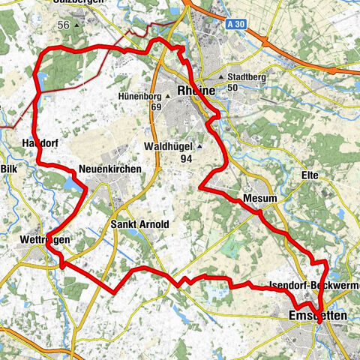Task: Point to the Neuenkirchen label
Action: tap(109, 170)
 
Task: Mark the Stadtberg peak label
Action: tap(244, 77)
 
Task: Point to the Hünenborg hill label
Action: tap(140, 97)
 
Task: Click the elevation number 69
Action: tap(155, 108)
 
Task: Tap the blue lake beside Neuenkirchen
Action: tap(73, 184)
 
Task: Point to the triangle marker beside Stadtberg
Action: tap(220, 77)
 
